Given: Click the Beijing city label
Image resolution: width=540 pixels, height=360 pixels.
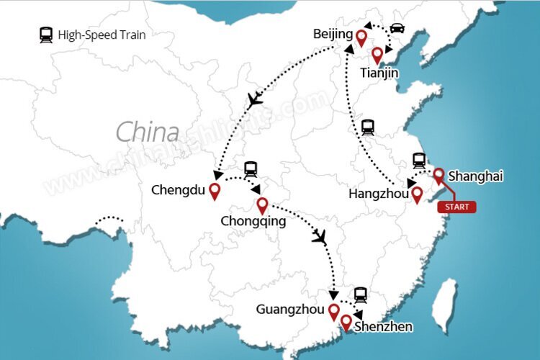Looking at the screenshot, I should click(333, 34).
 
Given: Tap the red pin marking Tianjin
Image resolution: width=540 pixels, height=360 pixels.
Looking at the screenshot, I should click(377, 55).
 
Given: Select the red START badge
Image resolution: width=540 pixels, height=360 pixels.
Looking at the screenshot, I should click(456, 207).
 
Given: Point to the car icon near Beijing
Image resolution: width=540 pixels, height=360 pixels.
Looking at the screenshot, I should click(397, 30).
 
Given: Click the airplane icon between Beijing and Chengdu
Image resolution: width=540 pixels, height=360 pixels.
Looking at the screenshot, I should click(255, 100).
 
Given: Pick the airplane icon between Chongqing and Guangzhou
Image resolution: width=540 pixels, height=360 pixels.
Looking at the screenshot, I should click(320, 235).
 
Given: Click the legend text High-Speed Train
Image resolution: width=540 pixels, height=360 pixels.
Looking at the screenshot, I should click(102, 34).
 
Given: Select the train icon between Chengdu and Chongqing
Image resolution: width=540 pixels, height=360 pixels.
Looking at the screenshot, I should click(251, 169).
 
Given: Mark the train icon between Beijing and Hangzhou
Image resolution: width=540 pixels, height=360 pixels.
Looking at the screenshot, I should click(368, 127).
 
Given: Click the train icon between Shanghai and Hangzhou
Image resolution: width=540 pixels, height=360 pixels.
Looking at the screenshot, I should click(419, 161).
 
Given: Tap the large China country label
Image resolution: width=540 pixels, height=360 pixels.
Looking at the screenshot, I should click(147, 132).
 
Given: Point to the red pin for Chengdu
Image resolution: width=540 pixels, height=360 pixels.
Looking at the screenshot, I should click(214, 191).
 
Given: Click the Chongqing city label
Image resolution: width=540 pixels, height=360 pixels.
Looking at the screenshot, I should click(254, 222).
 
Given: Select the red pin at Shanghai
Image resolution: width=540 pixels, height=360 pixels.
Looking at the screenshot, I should click(438, 175).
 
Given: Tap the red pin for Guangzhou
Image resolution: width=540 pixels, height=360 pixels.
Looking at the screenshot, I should click(333, 311).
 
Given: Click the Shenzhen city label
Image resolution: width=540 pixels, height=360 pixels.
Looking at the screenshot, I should click(384, 327).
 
